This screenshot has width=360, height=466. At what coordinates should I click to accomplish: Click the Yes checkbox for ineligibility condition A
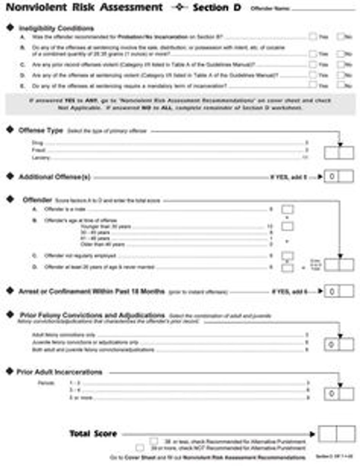(x=313, y=36)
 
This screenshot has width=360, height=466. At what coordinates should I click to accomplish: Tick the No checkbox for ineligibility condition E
(x=341, y=85)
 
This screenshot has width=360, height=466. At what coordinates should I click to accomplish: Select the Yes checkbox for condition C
(x=313, y=64)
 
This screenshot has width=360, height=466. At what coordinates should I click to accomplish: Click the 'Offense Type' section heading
(x=41, y=130)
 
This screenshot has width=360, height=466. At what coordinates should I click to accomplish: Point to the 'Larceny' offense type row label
(x=40, y=158)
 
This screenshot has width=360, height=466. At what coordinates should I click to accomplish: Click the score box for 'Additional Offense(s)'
(x=339, y=177)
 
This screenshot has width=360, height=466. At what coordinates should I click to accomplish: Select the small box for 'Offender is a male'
(x=287, y=210)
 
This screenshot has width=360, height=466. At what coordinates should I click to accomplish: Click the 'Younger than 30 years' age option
(x=106, y=227)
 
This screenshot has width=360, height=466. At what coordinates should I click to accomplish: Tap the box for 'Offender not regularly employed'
(x=287, y=255)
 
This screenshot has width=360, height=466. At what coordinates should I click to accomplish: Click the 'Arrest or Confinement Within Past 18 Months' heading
(x=91, y=291)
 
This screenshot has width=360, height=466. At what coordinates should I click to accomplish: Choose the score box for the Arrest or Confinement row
(x=339, y=291)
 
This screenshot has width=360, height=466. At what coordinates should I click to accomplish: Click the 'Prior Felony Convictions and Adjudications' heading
(x=92, y=315)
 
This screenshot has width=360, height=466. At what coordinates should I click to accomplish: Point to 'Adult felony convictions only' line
(x=64, y=335)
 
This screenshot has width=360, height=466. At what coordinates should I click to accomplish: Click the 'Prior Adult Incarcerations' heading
(x=59, y=372)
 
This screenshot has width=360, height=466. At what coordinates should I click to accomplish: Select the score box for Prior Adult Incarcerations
(x=339, y=394)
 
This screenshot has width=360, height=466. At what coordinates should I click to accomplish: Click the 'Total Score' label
(x=93, y=434)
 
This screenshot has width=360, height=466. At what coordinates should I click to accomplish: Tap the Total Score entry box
(x=336, y=434)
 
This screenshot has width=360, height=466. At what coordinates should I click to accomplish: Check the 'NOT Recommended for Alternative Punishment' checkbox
(x=140, y=448)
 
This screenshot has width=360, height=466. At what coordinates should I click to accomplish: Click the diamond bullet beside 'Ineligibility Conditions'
(x=10, y=28)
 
